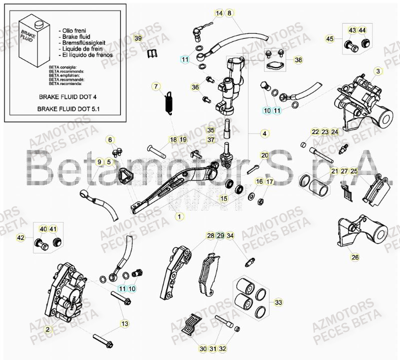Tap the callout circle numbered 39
[138, 38]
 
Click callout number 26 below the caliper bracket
[355, 257]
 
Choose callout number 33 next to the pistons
[278, 302]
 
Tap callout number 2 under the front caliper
[47, 329]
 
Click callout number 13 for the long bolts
[124, 324]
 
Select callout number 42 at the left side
[21, 237]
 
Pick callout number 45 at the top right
[330, 38]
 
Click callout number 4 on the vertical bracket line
[265, 133]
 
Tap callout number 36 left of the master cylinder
[195, 87]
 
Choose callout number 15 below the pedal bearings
[224, 198]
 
